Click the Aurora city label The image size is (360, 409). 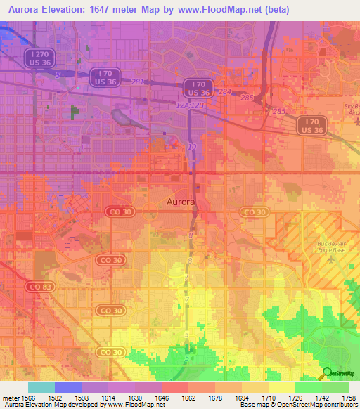click(x=181, y=202)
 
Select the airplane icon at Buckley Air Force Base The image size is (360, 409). click(x=331, y=259)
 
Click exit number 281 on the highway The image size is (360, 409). click(x=137, y=82)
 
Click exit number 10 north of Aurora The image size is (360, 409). click(x=192, y=147)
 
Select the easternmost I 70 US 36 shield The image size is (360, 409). click(x=310, y=126)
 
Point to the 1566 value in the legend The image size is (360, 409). click(x=27, y=398)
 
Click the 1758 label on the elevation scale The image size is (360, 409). click(x=348, y=398)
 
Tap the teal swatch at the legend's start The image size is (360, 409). click(x=41, y=387)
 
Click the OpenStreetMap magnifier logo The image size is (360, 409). click(x=327, y=372)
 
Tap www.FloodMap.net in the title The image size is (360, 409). click(x=222, y=8)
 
